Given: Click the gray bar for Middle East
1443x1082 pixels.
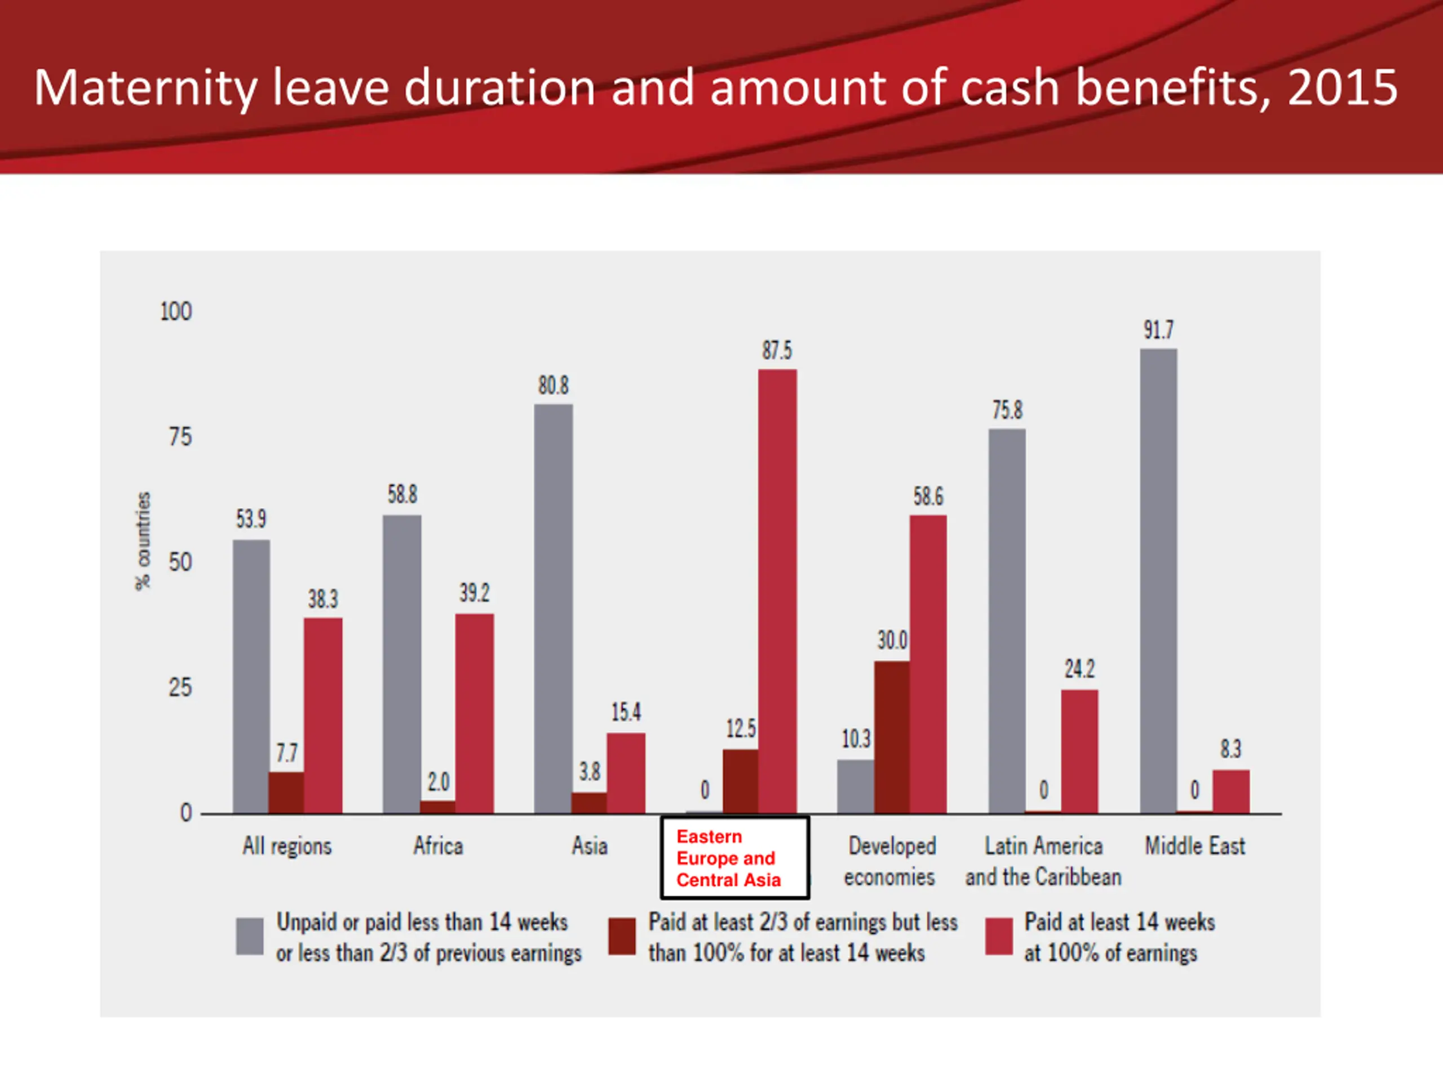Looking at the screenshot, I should click(x=1158, y=580).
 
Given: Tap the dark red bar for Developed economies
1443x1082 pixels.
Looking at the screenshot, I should click(x=892, y=737).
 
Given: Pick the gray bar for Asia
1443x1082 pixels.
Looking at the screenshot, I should click(x=553, y=609).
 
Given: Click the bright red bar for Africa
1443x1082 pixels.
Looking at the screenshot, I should click(x=474, y=713).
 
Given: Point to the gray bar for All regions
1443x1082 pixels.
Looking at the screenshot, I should click(x=251, y=676).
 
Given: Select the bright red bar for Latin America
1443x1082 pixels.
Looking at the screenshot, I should click(x=1079, y=751).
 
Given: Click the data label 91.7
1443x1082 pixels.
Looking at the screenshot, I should click(x=1158, y=330).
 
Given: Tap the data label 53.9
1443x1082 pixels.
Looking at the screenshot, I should click(x=251, y=519).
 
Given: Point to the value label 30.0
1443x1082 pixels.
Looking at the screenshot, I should click(x=892, y=640).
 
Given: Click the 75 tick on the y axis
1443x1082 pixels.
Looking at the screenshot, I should click(x=180, y=437).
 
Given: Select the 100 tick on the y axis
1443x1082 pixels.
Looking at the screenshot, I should click(x=176, y=312).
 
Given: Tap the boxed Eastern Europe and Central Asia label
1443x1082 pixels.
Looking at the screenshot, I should click(x=735, y=858).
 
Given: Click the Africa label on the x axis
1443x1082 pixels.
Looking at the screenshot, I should click(x=438, y=846).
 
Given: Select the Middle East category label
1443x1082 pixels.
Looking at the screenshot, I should click(x=1194, y=846).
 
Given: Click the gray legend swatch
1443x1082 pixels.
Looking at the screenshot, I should click(x=250, y=937).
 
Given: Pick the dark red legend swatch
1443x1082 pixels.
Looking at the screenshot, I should click(x=622, y=937).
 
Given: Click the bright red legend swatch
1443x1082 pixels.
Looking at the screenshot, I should click(x=999, y=937).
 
